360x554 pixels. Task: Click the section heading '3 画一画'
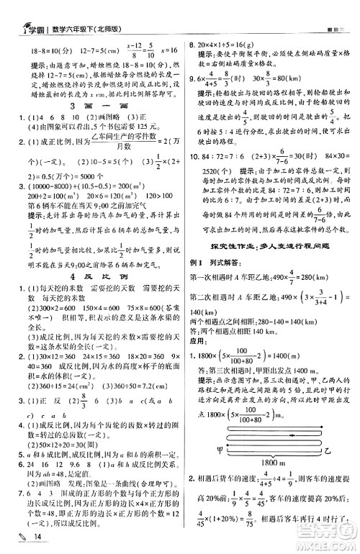tap(93, 105)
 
